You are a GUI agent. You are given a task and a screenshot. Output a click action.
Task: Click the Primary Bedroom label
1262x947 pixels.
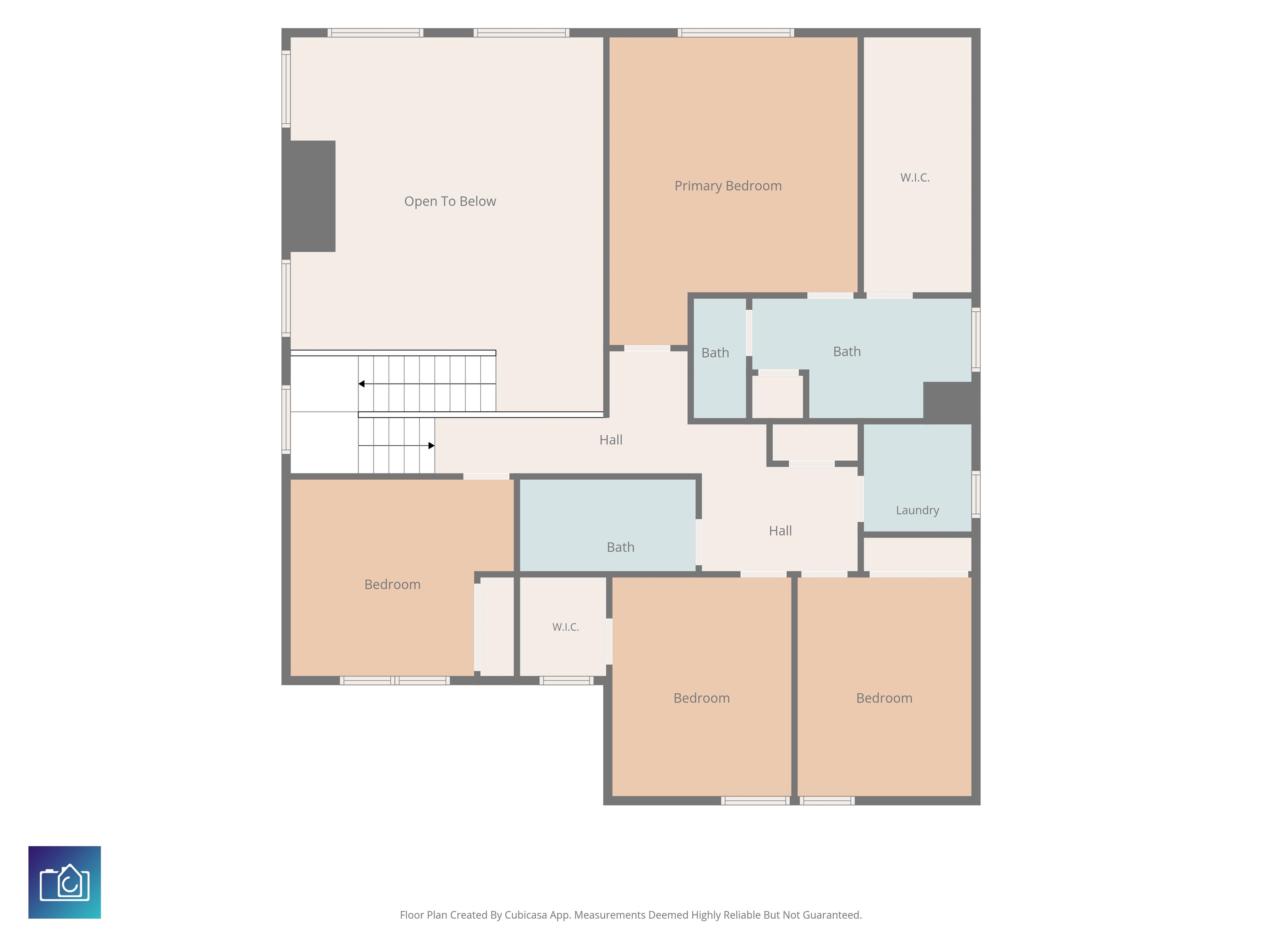pyautogui.click(x=728, y=186)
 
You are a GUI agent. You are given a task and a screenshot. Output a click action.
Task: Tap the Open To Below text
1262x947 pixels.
pyautogui.click(x=450, y=201)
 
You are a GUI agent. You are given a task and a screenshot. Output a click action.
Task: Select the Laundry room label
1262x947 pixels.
pyautogui.click(x=917, y=510)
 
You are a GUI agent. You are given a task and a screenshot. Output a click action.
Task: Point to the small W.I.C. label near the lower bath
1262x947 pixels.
pyautogui.click(x=565, y=627)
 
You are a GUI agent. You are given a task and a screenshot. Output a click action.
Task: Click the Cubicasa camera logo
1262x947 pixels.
pyautogui.click(x=64, y=882)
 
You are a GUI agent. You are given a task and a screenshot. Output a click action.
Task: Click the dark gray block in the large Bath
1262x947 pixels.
pyautogui.click(x=951, y=402)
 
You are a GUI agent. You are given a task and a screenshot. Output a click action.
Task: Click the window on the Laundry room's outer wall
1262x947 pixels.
pyautogui.click(x=976, y=494)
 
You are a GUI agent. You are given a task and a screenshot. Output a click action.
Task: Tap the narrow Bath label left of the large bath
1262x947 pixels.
pyautogui.click(x=715, y=353)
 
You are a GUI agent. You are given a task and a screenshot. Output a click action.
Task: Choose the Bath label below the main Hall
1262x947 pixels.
pyautogui.click(x=620, y=547)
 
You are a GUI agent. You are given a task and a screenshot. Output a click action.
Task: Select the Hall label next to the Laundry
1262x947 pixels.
pyautogui.click(x=780, y=531)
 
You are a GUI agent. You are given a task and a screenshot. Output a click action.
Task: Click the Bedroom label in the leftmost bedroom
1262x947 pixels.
pyautogui.click(x=392, y=584)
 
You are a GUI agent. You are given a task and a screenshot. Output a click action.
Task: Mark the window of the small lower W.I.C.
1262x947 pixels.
pyautogui.click(x=567, y=680)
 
